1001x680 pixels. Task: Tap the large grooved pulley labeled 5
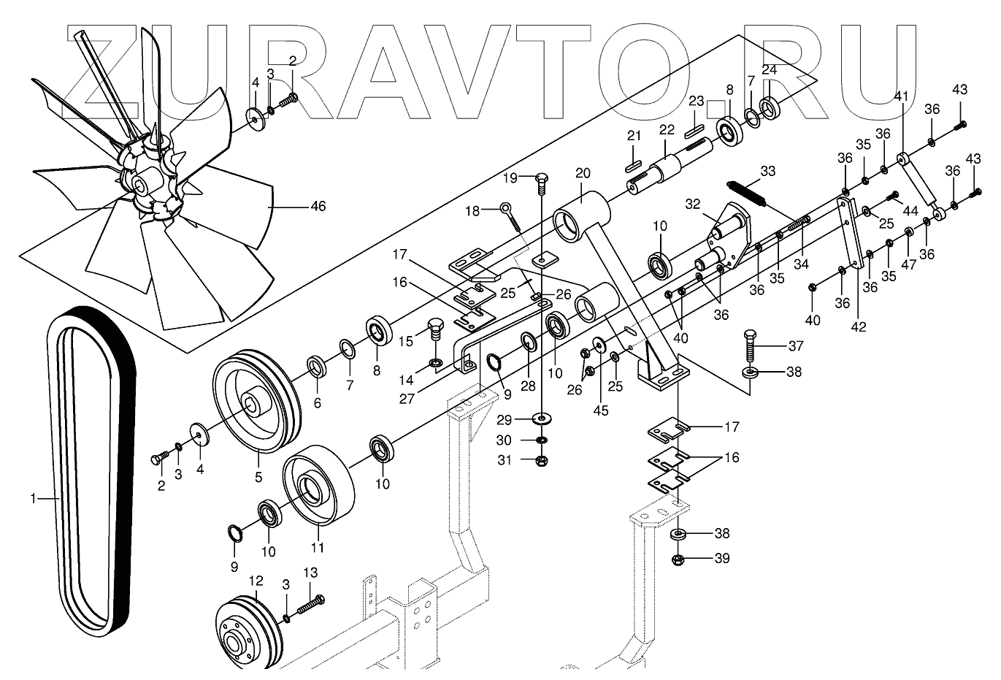(x=256, y=402)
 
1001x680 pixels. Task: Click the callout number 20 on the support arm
(x=582, y=173)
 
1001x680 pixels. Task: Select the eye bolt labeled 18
(x=509, y=215)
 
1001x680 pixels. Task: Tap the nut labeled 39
(x=680, y=559)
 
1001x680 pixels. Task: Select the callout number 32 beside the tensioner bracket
(x=692, y=205)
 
